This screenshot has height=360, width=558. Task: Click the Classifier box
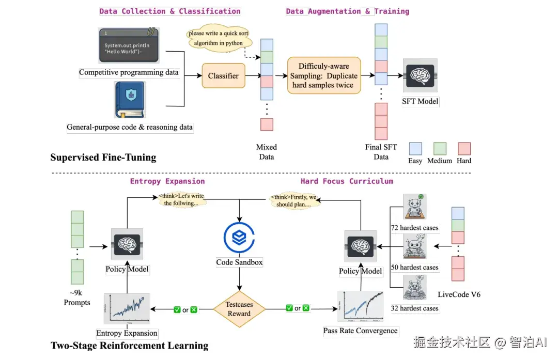coord(223,76)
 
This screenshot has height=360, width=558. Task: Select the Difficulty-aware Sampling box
coord(323,75)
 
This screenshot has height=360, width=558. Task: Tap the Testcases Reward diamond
coord(239,309)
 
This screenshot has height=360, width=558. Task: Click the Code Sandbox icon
coord(239,238)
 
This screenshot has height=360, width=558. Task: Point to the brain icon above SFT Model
coord(420,75)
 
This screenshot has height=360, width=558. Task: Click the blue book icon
coord(129,100)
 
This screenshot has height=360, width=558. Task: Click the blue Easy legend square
coord(415,149)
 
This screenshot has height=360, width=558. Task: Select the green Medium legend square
coord(440,149)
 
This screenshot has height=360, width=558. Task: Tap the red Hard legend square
coord(464,149)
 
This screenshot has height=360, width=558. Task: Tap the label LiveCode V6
coord(459,294)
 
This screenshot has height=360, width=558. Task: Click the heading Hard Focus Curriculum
coord(347,181)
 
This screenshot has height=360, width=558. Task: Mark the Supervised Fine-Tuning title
coord(103,157)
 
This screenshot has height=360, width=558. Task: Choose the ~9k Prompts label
coord(77,298)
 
